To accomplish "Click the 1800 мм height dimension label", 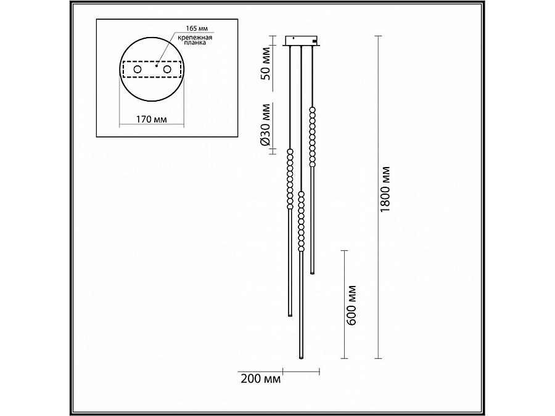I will click(387, 190).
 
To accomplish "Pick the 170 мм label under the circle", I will click(151, 120).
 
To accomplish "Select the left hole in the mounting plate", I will click(137, 70).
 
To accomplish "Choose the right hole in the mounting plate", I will click(166, 70).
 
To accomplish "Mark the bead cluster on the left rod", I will click(290, 179).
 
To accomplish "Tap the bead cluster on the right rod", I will click(313, 137).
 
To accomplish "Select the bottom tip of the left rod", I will click(290, 315).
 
